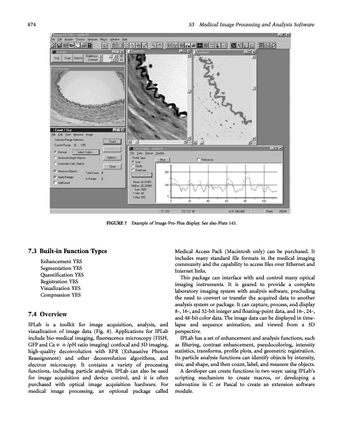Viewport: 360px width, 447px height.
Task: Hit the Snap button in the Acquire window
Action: point(67,58)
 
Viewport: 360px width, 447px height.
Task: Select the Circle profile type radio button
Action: point(134,165)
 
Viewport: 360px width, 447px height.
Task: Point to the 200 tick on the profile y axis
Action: point(167,172)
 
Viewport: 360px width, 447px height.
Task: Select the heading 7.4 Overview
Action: point(53,313)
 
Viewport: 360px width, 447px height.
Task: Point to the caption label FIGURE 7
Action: point(115,223)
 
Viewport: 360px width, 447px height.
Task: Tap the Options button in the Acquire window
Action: point(78,58)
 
